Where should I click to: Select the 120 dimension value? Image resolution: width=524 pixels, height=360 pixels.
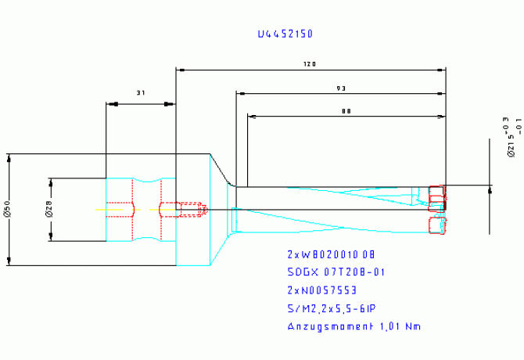click(310, 64)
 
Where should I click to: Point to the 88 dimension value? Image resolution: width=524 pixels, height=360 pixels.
click(346, 112)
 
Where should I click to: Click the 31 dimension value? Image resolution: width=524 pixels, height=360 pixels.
click(141, 93)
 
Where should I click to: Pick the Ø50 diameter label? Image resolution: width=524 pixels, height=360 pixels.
click(6, 210)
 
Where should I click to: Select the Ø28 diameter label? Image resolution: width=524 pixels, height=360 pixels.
click(48, 209)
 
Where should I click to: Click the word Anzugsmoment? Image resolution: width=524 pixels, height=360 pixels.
click(328, 326)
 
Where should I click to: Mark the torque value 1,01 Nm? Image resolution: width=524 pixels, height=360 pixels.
click(399, 326)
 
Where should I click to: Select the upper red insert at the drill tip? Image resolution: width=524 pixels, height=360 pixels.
click(436, 193)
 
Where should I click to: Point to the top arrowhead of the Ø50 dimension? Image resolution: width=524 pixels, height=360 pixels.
click(9, 158)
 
